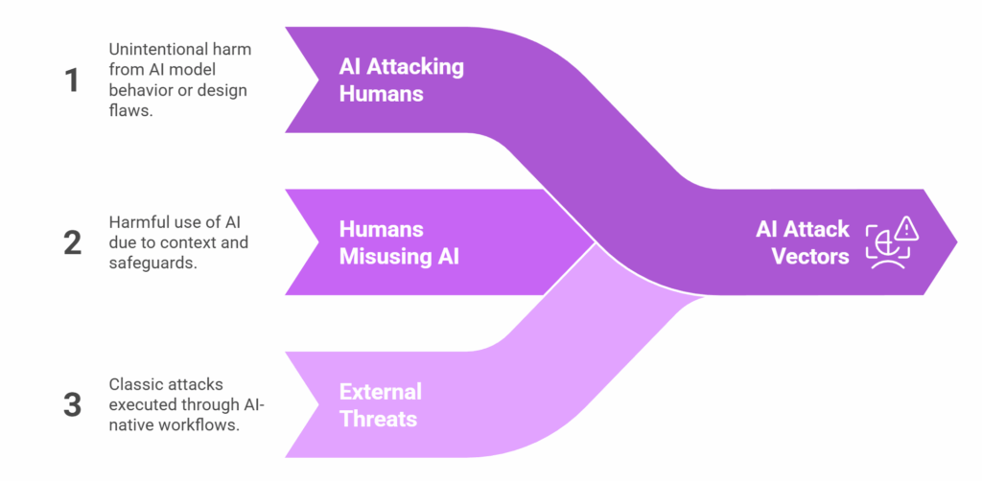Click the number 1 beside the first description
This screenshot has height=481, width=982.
coord(72,80)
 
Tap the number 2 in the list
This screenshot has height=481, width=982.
coord(72,242)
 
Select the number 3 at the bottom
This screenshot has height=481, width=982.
coord(72,404)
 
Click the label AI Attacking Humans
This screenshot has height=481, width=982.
coord(401,80)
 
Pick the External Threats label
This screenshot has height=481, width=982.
coord(380,404)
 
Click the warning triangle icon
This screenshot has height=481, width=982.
coord(905,229)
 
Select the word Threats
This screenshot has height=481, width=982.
coord(378,419)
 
